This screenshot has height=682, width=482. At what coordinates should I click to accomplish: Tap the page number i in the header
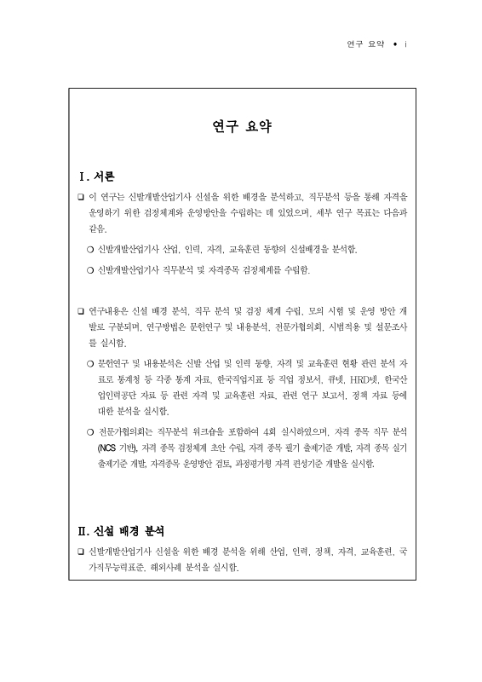click(406, 42)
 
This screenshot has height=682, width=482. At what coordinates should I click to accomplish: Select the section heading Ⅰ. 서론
click(96, 176)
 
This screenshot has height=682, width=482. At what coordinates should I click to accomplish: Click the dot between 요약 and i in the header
click(394, 42)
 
